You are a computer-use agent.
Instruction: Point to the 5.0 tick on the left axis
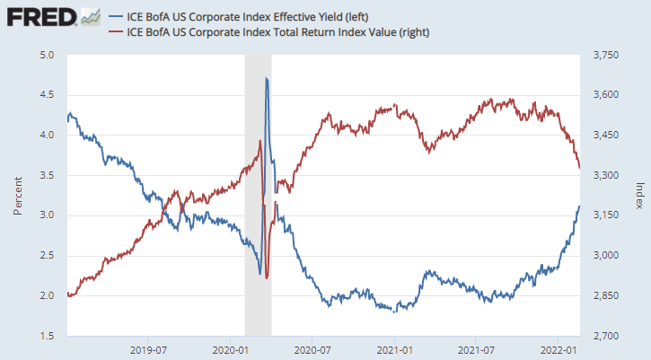tap(47, 56)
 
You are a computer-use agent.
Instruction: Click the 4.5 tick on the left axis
tap(47, 95)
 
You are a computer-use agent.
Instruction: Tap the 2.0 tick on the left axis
tap(47, 296)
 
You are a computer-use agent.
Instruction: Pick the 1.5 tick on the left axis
tap(47, 337)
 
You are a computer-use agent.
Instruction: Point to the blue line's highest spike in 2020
tap(267, 79)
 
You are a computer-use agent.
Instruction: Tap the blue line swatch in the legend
tap(115, 15)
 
